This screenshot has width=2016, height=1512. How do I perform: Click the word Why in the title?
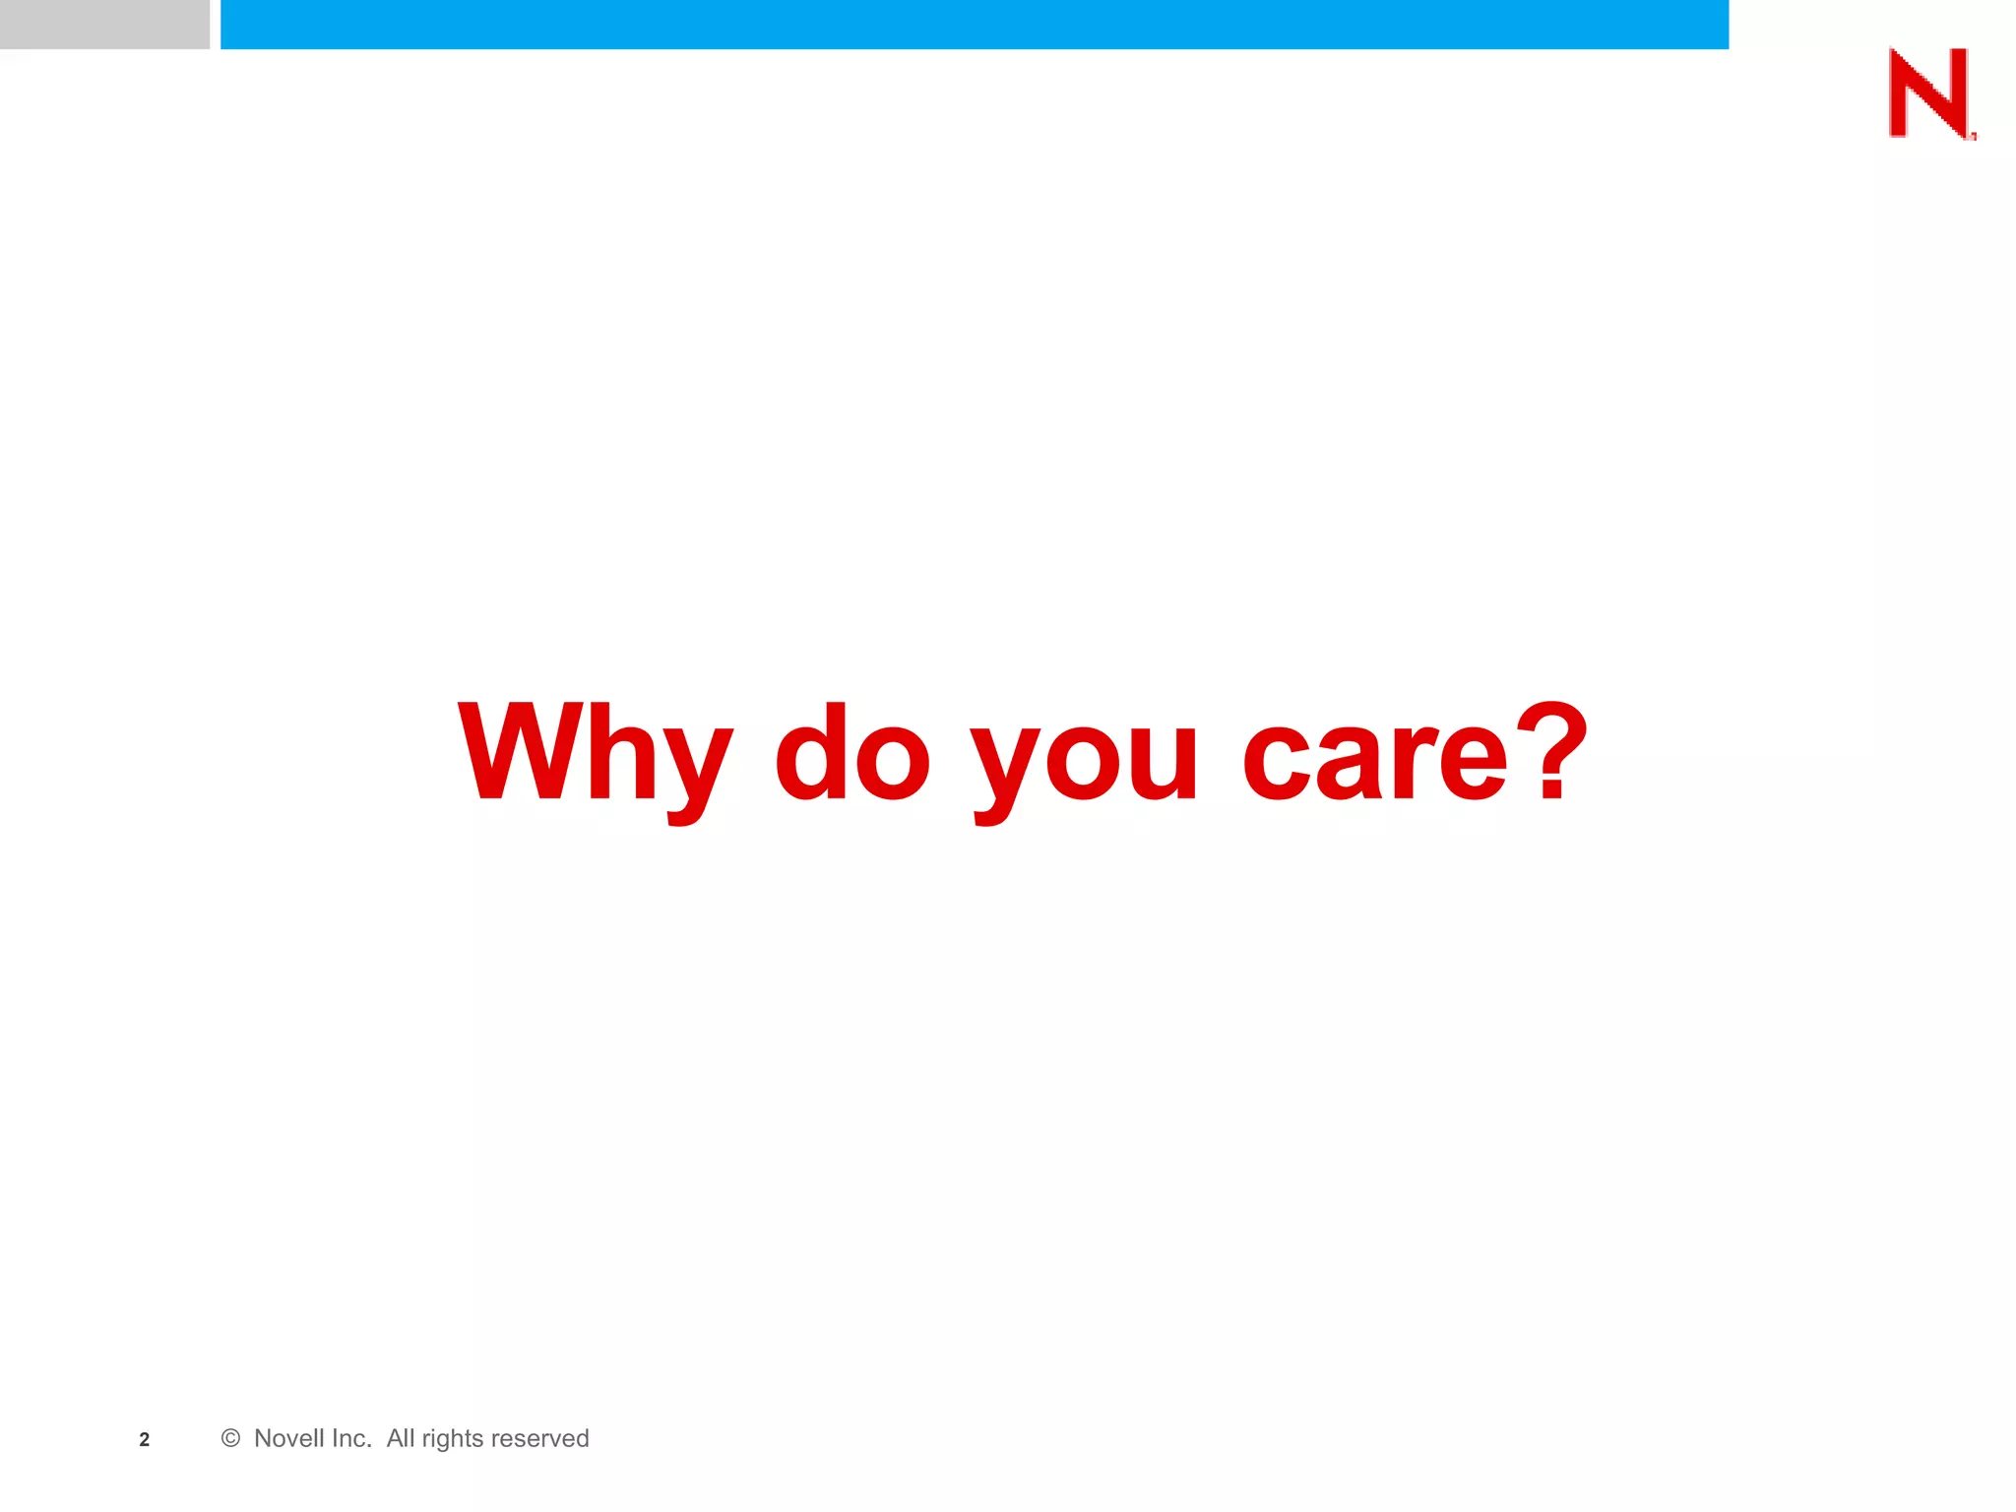click(596, 753)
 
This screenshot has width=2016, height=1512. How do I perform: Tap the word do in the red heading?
click(852, 753)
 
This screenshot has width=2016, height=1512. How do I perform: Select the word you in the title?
click(1084, 758)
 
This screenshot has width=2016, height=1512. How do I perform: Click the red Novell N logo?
click(1929, 94)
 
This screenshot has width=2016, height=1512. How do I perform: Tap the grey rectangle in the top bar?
click(104, 24)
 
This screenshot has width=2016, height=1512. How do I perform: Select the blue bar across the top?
click(975, 24)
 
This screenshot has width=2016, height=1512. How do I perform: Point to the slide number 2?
click(145, 1439)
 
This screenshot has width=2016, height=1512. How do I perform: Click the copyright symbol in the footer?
click(230, 1438)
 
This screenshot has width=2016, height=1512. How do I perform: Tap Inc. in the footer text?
click(350, 1438)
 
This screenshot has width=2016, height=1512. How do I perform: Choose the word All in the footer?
click(401, 1438)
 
